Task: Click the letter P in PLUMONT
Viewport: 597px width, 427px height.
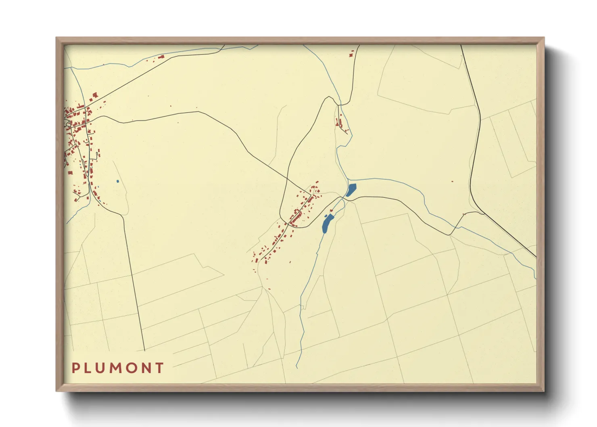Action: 75,368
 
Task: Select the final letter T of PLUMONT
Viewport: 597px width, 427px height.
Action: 160,368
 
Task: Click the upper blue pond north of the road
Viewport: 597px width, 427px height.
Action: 351,190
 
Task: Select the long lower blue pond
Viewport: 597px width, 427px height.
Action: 327,223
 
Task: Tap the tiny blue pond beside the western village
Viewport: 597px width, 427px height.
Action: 117,181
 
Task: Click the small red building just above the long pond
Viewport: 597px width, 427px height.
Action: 331,210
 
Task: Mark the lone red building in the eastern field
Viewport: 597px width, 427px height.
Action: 452,182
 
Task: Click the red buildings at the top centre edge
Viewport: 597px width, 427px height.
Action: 351,53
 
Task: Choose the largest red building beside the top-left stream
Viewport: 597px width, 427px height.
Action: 162,57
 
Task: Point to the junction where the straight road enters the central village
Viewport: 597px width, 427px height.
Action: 311,195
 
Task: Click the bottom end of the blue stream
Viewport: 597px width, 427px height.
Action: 297,367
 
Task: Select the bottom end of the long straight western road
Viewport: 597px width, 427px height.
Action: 144,350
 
